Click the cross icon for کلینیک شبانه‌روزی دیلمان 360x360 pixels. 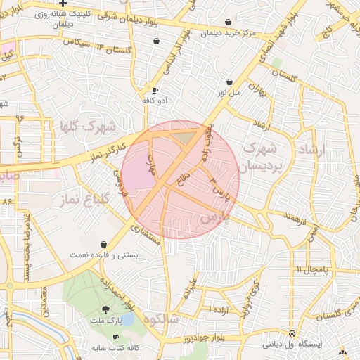(x=63, y=4)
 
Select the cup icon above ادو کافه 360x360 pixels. (x=155, y=91)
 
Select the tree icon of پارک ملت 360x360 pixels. (x=105, y=309)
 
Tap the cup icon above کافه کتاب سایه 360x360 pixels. (x=115, y=337)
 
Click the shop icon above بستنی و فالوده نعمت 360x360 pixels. (x=104, y=243)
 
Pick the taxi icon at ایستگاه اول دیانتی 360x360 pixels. (x=292, y=334)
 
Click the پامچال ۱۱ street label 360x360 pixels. (x=309, y=269)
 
